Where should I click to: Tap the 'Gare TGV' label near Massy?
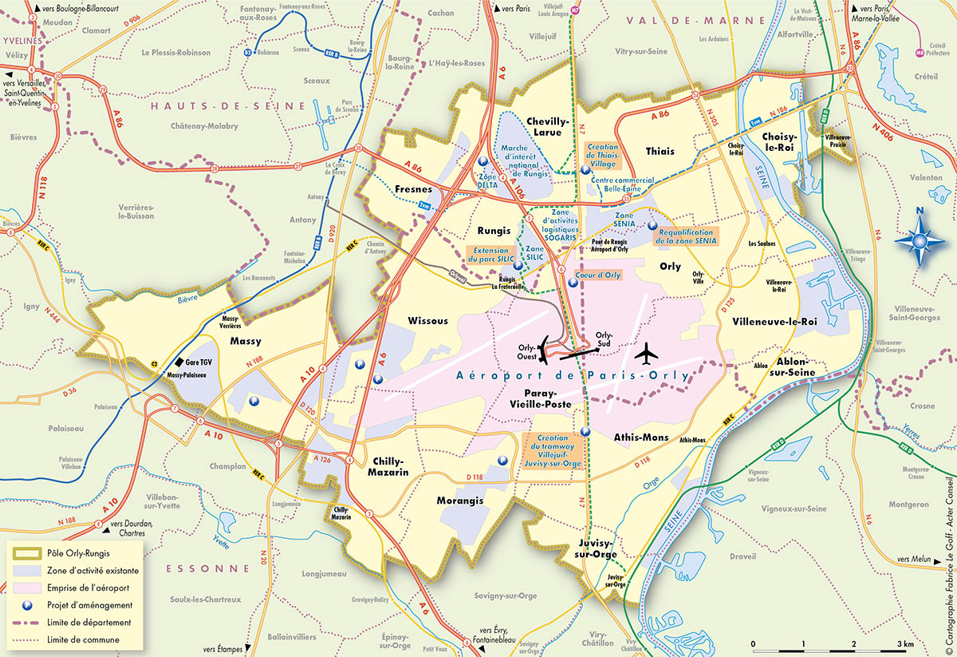tap(199, 362)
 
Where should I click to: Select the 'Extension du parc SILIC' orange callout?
tap(490, 255)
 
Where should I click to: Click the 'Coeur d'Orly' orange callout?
tap(597, 275)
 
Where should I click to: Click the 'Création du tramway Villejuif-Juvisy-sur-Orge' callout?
tap(553, 449)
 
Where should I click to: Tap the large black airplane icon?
tap(647, 350)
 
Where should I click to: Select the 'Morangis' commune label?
tap(460, 501)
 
